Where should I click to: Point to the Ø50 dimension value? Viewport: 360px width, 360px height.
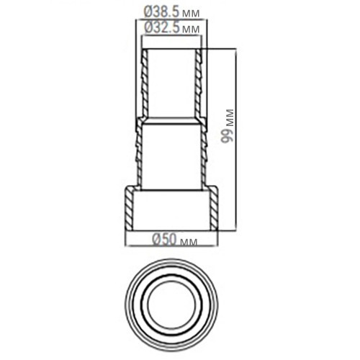click(x=163, y=241)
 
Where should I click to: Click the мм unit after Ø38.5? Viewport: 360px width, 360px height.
click(x=191, y=14)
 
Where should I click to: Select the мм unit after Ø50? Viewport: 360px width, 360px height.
click(x=189, y=242)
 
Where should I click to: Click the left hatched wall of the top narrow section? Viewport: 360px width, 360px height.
click(x=145, y=83)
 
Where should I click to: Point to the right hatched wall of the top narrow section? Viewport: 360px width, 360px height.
click(x=199, y=83)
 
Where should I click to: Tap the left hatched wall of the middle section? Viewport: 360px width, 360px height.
click(x=138, y=151)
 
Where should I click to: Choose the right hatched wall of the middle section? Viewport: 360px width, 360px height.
click(x=205, y=151)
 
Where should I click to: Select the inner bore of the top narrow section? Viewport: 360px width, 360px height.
click(x=171, y=83)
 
